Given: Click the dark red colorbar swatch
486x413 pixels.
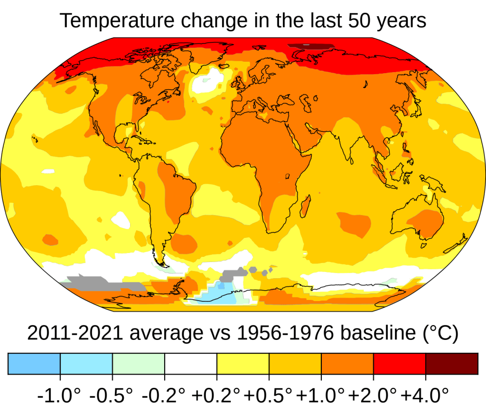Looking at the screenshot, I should tap(451, 364).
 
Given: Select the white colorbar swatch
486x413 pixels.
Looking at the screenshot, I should tap(190, 364).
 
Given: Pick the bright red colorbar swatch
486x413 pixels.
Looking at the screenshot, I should tap(399, 364).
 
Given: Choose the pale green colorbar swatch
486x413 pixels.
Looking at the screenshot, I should tap(138, 364).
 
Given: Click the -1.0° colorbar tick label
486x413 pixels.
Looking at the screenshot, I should tap(59, 394).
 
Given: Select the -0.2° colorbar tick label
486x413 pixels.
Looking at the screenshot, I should tap(164, 394).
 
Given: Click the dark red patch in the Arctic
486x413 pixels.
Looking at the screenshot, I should tap(311, 47).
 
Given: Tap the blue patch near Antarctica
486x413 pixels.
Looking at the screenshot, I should tap(218, 294).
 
